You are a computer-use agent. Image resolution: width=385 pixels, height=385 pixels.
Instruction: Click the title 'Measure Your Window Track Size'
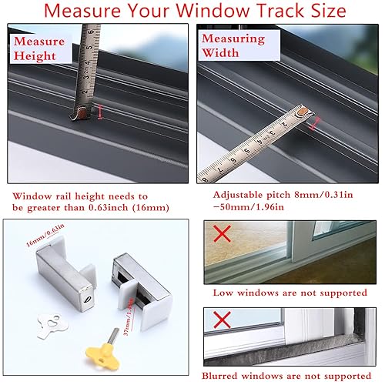click(x=192, y=12)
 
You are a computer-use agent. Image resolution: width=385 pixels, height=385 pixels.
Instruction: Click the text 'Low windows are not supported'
click(x=290, y=293)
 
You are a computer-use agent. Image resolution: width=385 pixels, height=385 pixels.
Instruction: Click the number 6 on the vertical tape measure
click(x=91, y=33)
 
